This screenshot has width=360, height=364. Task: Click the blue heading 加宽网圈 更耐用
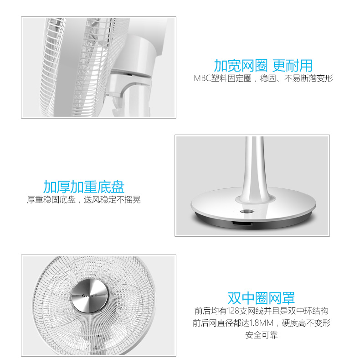click(x=263, y=66)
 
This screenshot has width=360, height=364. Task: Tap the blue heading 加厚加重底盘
click(x=84, y=187)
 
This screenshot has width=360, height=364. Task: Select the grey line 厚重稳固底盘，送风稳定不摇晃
click(x=84, y=200)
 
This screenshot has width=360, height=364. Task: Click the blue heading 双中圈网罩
click(x=261, y=298)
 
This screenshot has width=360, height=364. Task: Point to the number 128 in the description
click(x=233, y=311)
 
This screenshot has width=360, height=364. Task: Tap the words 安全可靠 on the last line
click(x=262, y=335)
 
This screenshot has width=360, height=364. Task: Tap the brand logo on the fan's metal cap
click(x=90, y=296)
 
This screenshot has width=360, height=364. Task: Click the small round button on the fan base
click(x=247, y=211)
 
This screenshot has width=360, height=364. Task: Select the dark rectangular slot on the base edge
click(x=242, y=224)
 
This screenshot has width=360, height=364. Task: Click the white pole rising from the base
click(x=254, y=167)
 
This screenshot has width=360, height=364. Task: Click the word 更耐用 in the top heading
click(x=292, y=66)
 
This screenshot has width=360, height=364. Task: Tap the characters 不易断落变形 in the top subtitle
click(x=309, y=78)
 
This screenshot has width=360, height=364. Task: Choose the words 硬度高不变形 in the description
click(x=306, y=323)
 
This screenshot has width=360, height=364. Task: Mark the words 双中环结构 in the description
click(x=308, y=311)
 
